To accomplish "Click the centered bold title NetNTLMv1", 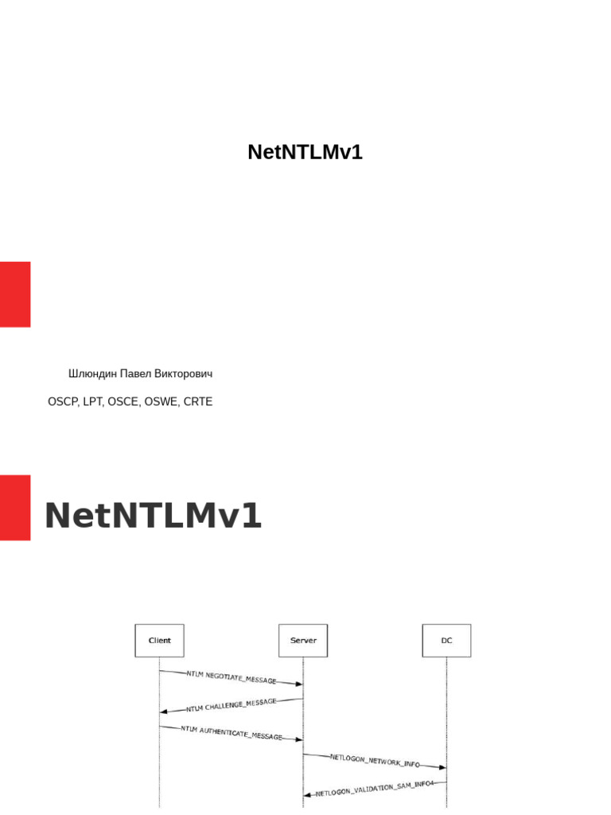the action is (x=305, y=153).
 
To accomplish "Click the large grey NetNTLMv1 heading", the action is (x=153, y=517).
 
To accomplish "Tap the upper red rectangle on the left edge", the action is (x=15, y=294).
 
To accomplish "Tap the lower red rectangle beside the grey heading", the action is (x=15, y=508).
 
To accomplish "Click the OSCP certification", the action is (x=63, y=402).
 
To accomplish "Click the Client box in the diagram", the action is (x=159, y=640).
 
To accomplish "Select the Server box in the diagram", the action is (x=303, y=640).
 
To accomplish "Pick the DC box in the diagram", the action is (x=446, y=640).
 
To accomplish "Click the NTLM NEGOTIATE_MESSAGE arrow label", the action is (x=232, y=677).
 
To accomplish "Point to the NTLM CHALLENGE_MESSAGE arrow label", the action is (x=232, y=705).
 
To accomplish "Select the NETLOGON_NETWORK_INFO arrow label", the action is (x=375, y=761).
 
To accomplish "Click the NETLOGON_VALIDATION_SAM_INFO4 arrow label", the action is (x=375, y=789).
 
